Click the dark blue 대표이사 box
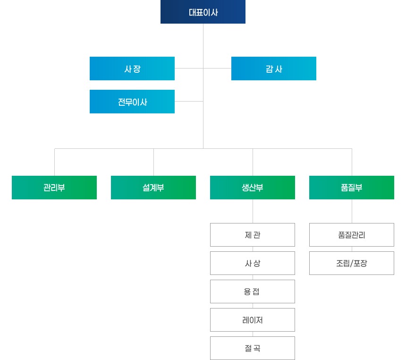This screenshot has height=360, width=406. (203, 12)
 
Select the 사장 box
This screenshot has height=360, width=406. (132, 69)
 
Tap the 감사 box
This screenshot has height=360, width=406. (274, 69)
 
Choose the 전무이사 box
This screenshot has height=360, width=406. (132, 102)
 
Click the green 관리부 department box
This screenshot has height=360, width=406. (54, 188)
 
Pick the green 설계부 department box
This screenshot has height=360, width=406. (153, 188)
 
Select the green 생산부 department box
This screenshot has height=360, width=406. (253, 188)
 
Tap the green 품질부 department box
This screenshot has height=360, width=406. (352, 188)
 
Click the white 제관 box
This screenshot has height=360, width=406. (253, 235)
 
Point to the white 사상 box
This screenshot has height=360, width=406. (253, 263)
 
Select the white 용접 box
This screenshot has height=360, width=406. (253, 291)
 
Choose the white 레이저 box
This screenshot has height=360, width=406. (253, 320)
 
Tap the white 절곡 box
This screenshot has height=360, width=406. (253, 348)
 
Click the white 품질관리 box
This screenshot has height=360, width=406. (352, 235)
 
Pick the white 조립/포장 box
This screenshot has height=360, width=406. (352, 263)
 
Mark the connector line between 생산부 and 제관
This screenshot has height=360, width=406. (253, 211)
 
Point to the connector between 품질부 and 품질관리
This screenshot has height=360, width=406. (352, 211)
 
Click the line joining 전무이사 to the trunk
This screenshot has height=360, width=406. (189, 101)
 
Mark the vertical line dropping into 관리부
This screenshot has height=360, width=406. (54, 162)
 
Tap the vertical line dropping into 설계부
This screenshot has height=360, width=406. (153, 162)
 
